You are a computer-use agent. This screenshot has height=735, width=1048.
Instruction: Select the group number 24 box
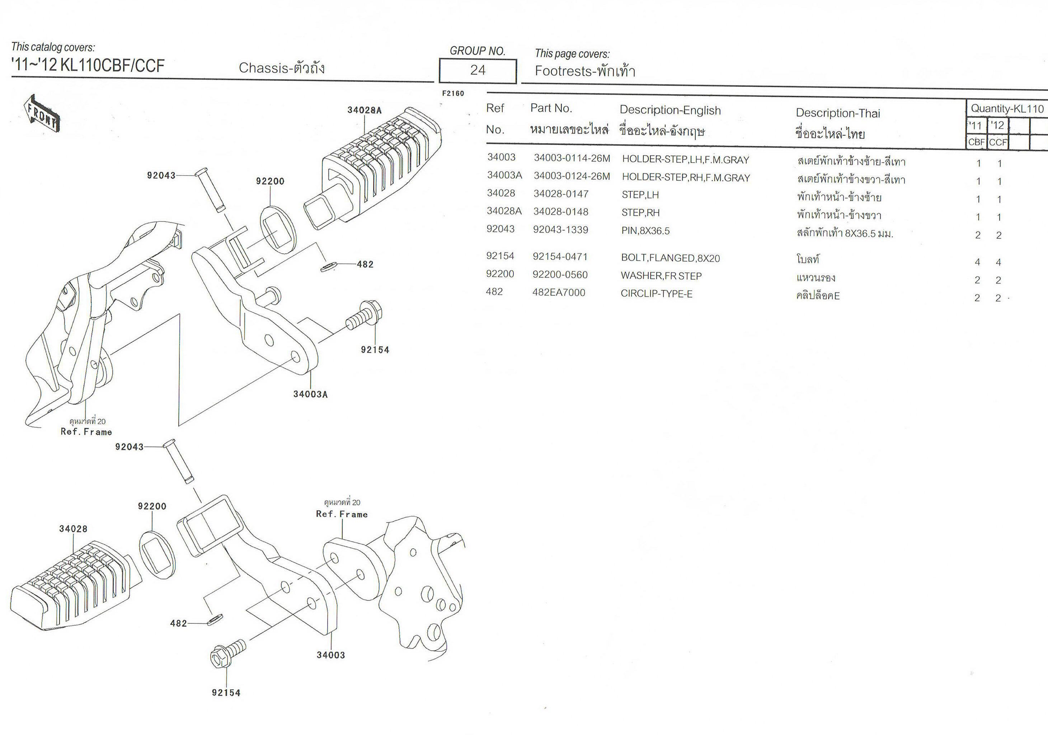point(478,71)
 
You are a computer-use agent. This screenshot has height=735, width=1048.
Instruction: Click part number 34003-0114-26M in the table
point(572,158)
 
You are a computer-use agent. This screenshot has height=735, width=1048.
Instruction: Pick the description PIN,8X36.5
point(645,230)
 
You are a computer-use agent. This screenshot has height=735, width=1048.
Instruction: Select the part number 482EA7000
point(559,292)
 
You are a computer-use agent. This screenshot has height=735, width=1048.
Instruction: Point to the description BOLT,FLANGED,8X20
point(670,258)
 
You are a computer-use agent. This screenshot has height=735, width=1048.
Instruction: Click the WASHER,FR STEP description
point(661,276)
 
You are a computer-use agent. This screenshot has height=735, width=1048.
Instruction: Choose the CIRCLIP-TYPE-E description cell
point(656,294)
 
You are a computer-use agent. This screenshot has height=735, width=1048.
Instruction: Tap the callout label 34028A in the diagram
point(364,110)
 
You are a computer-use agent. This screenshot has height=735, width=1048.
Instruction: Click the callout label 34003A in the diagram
point(310,394)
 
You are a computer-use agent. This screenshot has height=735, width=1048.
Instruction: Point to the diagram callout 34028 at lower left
point(73,529)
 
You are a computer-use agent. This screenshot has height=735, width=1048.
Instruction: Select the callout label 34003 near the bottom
point(331,655)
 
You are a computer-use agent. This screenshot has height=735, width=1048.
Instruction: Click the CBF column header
point(976,142)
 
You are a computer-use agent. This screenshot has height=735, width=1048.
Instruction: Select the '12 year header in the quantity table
point(997,125)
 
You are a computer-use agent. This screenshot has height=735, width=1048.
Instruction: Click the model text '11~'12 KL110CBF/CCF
point(88,66)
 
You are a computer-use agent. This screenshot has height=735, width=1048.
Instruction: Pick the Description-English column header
point(670,111)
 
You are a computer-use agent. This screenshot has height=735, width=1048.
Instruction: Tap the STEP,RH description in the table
point(640,213)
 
